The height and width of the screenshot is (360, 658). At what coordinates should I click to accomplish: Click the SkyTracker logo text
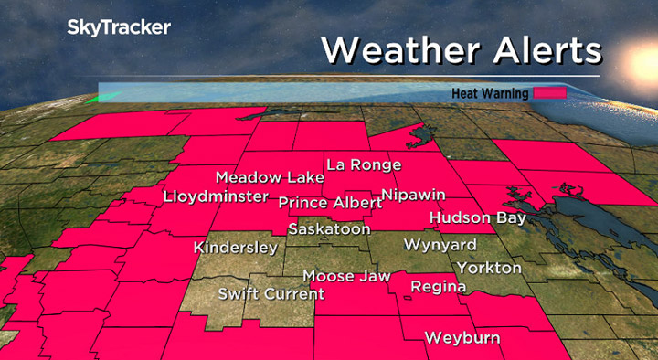[x=119, y=28]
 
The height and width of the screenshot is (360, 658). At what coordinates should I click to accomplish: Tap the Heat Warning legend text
[x=492, y=93]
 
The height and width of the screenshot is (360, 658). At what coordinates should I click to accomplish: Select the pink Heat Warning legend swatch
[x=551, y=93]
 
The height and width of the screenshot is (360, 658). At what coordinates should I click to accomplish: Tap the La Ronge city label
[x=364, y=164]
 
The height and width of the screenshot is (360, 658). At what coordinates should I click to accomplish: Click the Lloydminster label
[x=216, y=196]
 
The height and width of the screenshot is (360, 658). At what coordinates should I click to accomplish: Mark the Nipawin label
[x=412, y=196]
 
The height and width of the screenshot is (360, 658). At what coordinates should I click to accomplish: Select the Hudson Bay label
[x=477, y=218]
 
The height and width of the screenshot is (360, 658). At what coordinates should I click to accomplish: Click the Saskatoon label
[x=329, y=229]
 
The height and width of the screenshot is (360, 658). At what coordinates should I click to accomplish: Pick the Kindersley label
[x=235, y=248]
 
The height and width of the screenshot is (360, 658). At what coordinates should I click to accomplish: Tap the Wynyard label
[x=440, y=245]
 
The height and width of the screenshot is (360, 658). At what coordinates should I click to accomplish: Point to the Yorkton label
[x=489, y=268]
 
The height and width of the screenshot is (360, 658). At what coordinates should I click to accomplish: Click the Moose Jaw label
[x=346, y=276]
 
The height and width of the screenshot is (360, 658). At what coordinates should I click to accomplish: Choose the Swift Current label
[x=271, y=293]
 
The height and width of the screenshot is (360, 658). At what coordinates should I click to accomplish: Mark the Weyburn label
[x=462, y=338]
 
